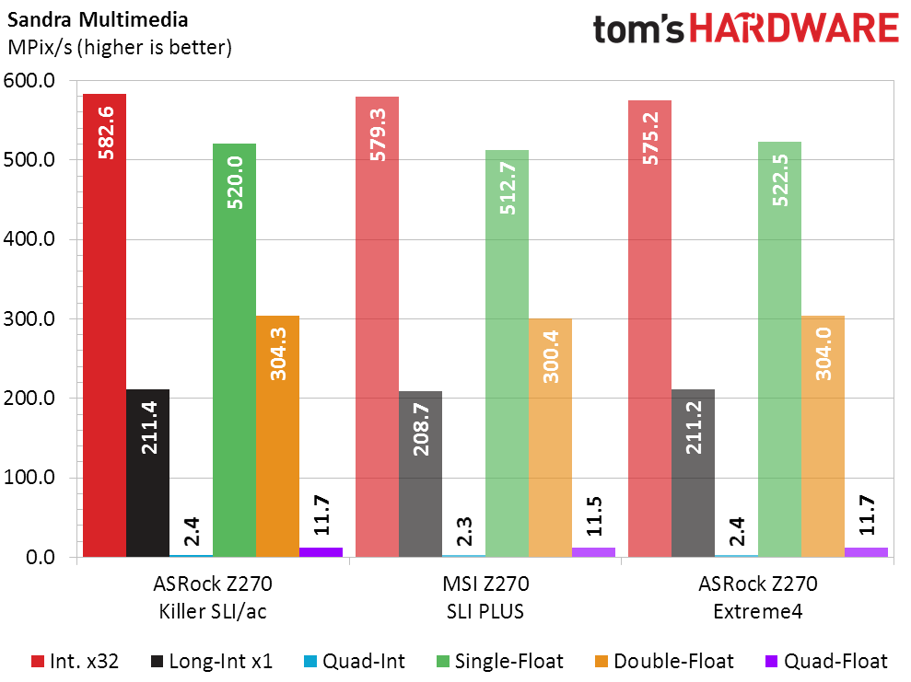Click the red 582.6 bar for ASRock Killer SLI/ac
point(104,350)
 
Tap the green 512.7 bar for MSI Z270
point(507,368)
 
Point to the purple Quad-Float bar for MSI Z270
point(593,552)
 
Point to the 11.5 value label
point(593,516)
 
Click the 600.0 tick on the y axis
point(31,81)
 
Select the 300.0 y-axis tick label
point(31,319)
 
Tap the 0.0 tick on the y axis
point(41,558)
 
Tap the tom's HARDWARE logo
point(745,29)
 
